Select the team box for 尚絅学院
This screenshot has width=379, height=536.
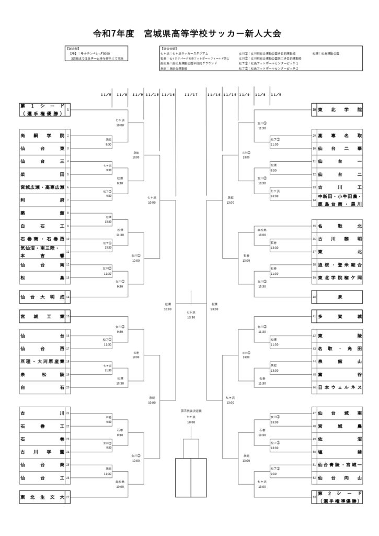(42, 136)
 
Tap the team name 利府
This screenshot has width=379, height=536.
(42, 200)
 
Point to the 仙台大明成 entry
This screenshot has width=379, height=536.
(42, 297)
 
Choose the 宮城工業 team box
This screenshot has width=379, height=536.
(42, 317)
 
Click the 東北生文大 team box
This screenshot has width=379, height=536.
(42, 497)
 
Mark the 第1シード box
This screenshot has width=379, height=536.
(42, 110)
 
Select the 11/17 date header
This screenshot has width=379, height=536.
(191, 95)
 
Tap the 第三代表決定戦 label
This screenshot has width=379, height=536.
(191, 411)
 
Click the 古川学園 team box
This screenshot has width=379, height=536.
(42, 452)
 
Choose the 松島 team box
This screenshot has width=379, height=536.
(42, 277)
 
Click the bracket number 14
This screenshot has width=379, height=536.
(68, 297)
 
